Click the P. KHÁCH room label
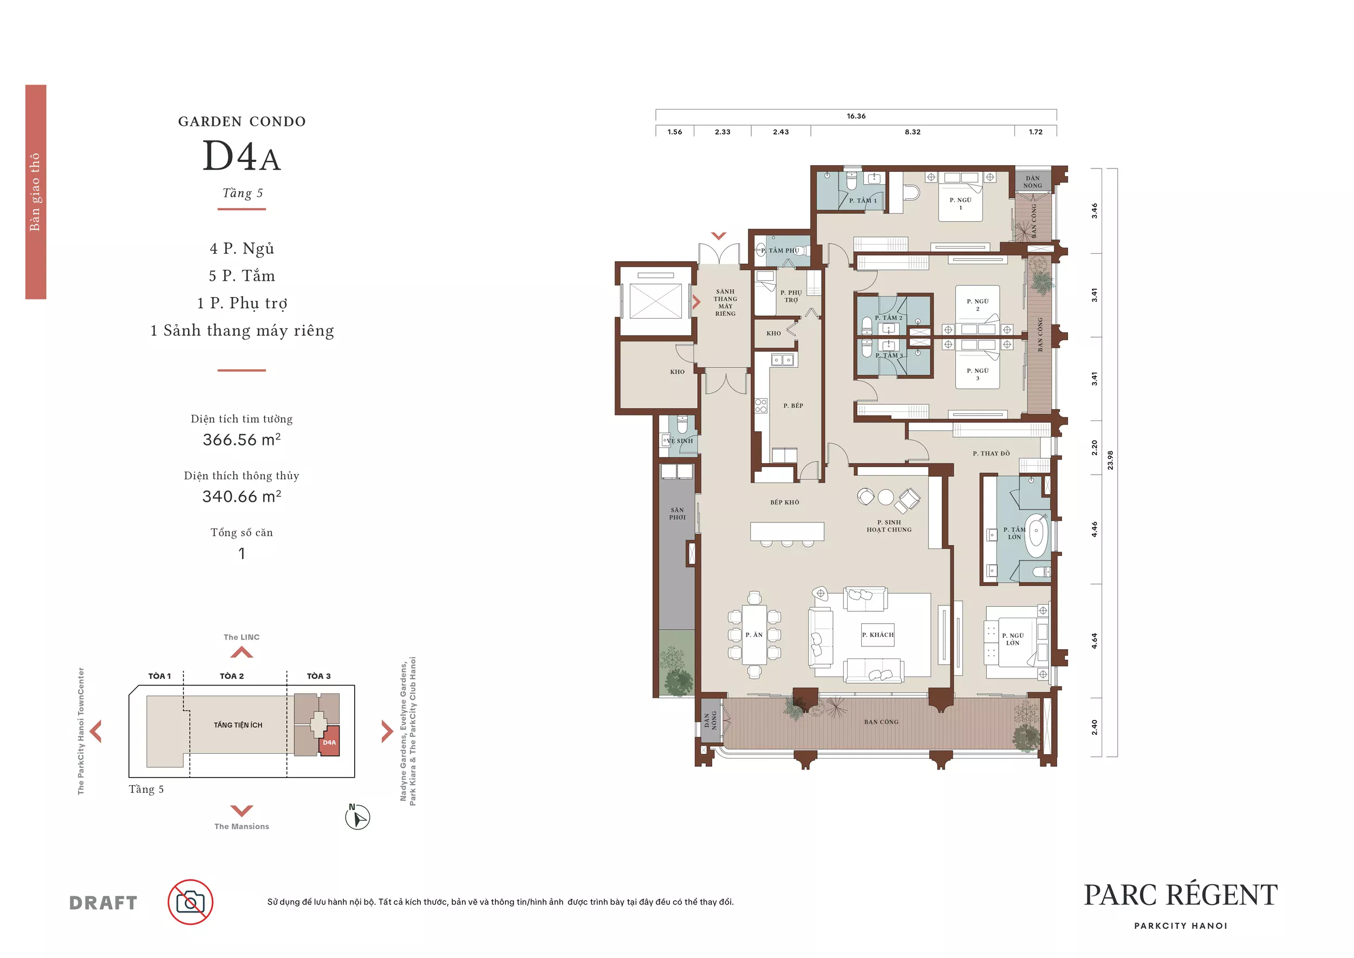point(877,635)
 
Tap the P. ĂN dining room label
point(754,635)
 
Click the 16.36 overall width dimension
point(856,116)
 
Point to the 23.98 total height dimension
point(1110,460)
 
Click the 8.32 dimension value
point(912,132)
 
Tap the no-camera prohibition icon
point(190,902)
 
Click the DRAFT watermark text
point(103,903)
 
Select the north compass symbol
point(357,817)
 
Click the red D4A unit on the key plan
point(329,742)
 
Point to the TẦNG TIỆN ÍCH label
point(238,725)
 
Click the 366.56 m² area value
point(242,439)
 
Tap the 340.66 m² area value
point(242,496)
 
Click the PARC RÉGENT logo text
point(1181,896)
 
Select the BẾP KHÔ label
point(784,503)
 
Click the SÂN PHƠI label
point(677,513)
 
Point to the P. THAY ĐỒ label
point(991,454)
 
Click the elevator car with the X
point(655,300)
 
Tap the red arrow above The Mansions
point(242,811)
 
